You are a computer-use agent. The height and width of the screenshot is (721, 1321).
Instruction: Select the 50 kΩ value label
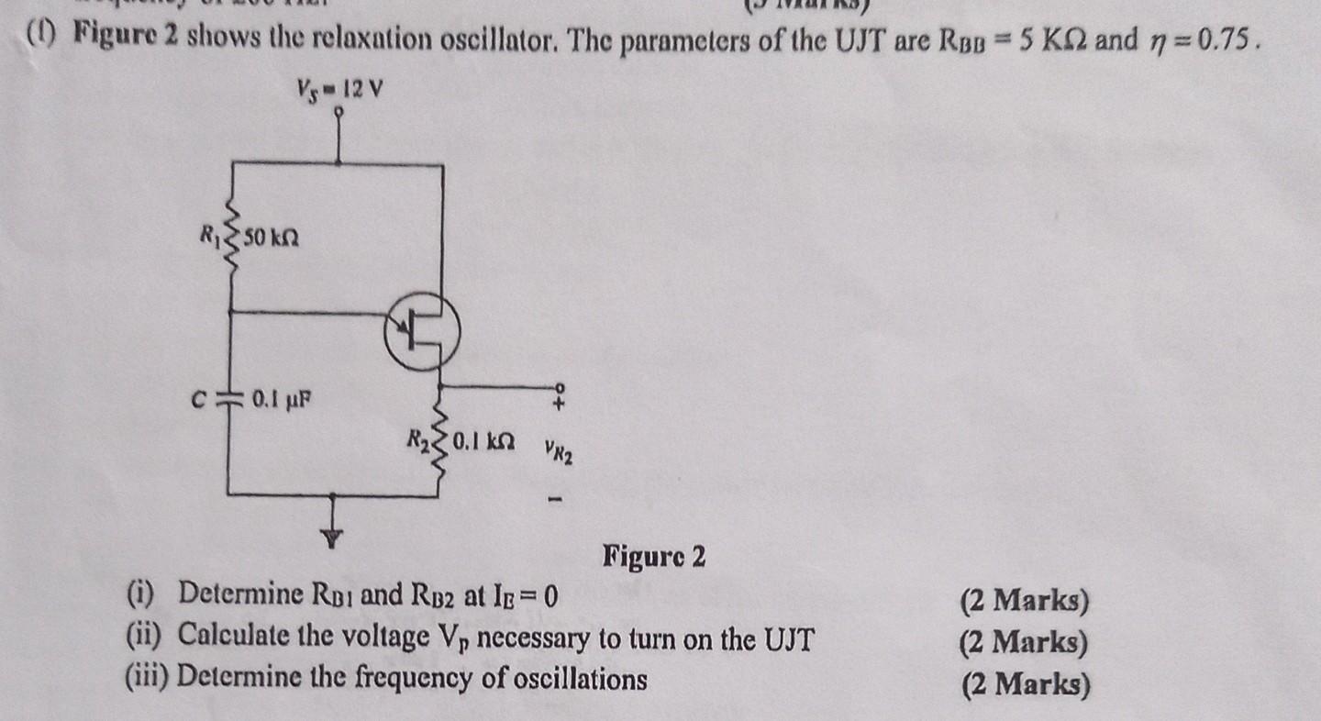272,240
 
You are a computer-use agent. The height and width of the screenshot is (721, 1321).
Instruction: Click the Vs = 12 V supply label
339,91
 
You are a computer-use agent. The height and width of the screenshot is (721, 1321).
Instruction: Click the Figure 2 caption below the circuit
654,556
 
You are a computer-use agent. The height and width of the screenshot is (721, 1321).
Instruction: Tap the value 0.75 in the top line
1226,42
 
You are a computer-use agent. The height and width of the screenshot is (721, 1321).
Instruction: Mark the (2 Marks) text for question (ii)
1024,642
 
